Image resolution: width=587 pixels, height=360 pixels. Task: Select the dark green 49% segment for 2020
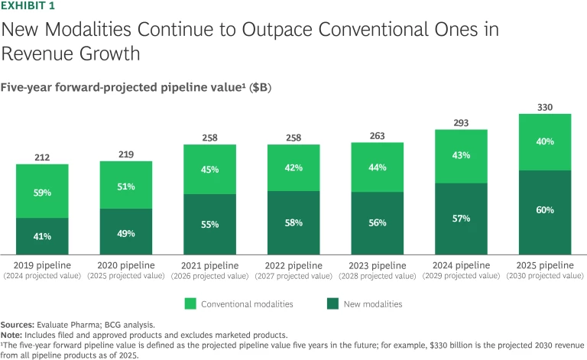tap(126, 233)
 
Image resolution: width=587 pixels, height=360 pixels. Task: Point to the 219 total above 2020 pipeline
tap(126, 154)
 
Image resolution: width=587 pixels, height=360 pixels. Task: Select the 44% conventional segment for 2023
tap(378, 167)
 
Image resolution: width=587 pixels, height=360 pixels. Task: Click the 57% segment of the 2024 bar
tap(462, 219)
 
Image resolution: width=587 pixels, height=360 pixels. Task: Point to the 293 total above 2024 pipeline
tap(462, 123)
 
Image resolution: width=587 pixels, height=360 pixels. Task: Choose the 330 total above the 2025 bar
tap(545, 107)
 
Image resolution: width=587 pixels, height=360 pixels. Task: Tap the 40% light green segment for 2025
tap(545, 141)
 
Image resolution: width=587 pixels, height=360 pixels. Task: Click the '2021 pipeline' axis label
tap(210, 264)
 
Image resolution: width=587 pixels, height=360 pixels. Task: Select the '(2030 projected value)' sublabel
tap(545, 275)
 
